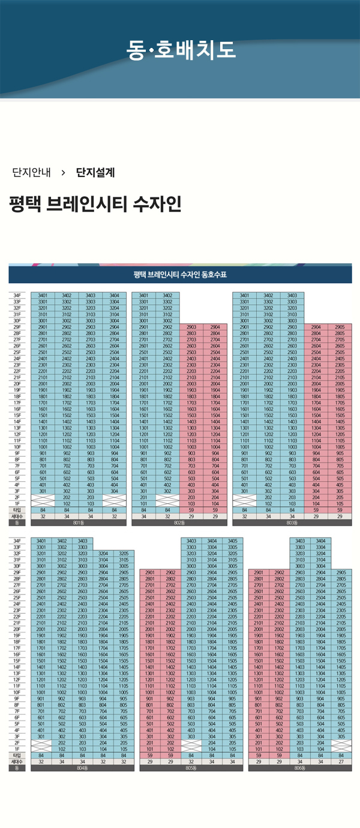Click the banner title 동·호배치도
(x=181, y=50)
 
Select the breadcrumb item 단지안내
(x=31, y=173)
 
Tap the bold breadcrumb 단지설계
(x=95, y=173)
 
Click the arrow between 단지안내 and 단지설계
(x=64, y=173)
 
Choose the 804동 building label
(x=83, y=767)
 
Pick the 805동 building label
(x=191, y=767)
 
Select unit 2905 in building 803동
(x=340, y=327)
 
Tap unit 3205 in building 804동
(x=124, y=553)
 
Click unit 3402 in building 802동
(x=167, y=295)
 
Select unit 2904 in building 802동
(x=215, y=327)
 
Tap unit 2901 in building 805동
(x=151, y=572)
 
